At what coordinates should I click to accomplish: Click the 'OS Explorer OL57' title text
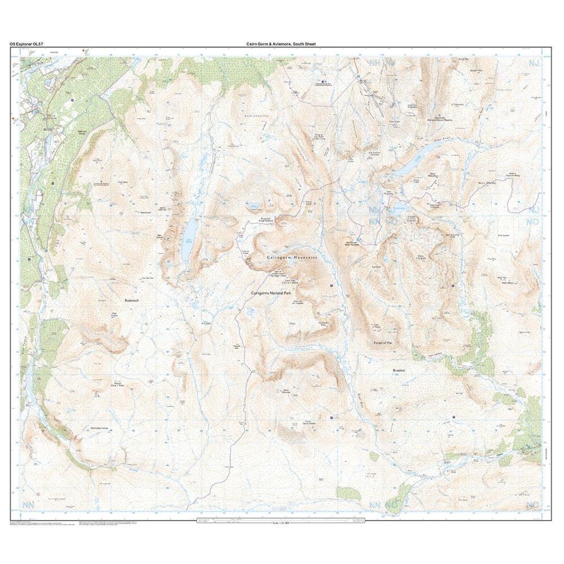pos(27,43)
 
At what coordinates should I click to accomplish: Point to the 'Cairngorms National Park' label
pos(274,294)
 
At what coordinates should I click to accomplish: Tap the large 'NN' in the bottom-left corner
pos(29,504)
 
